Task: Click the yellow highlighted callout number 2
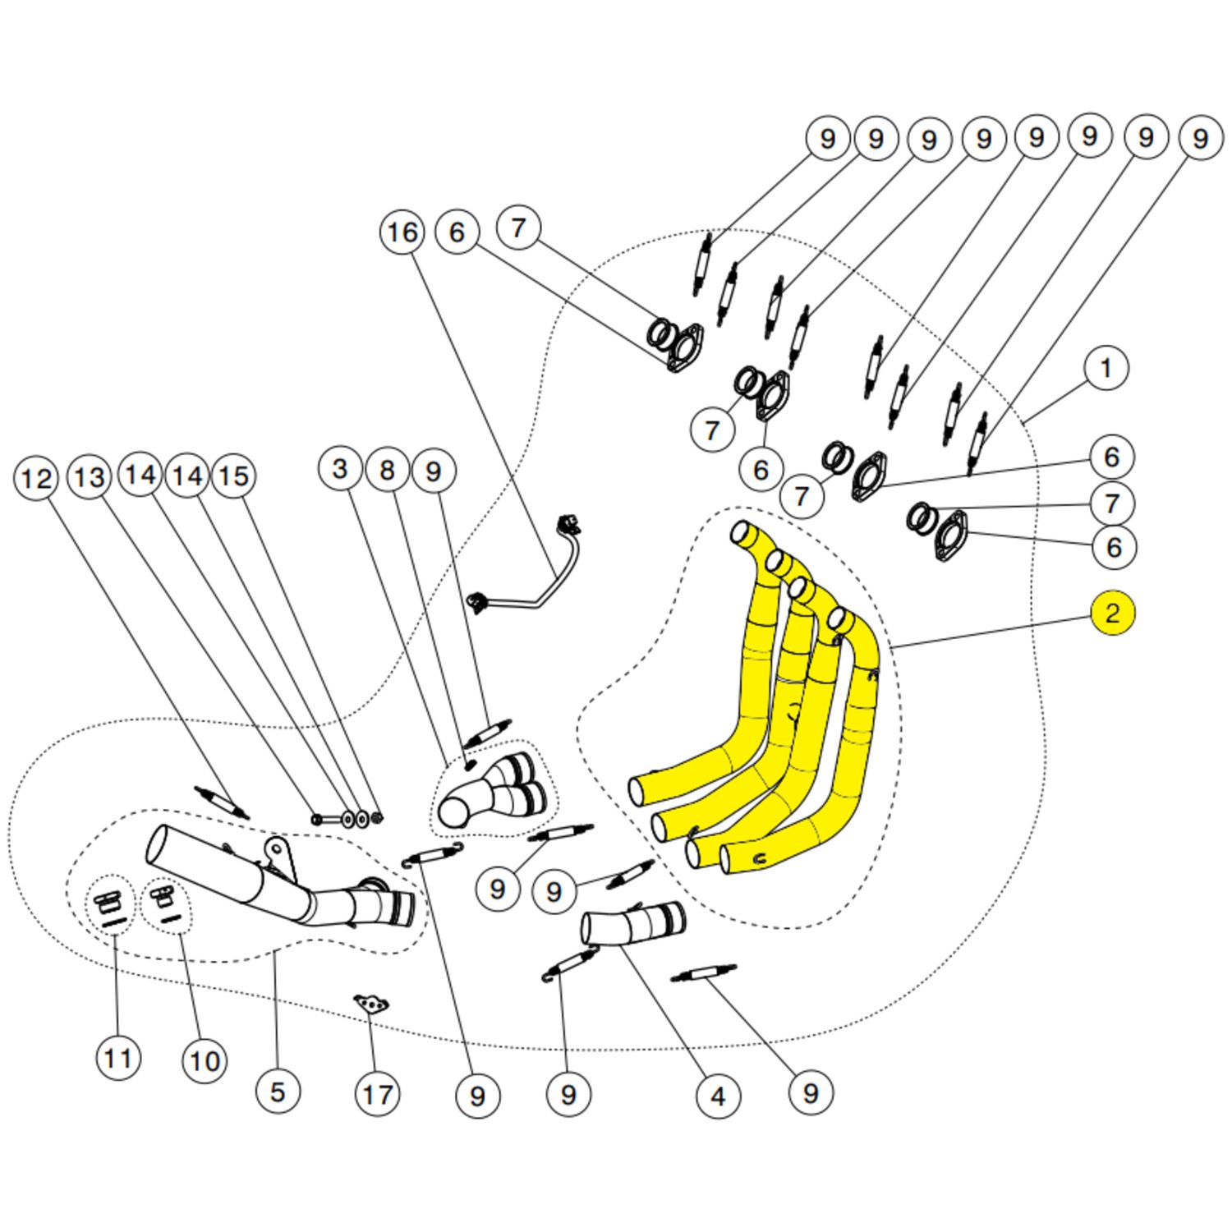[1112, 614]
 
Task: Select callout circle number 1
[1106, 368]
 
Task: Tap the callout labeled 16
[402, 232]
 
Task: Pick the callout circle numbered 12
[37, 479]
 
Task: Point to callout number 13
[90, 477]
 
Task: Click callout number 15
[234, 476]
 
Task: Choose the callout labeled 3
[340, 469]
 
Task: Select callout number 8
[387, 470]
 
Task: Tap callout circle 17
[377, 1094]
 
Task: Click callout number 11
[118, 1058]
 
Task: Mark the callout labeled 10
[205, 1060]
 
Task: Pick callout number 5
[278, 1092]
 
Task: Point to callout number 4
[718, 1096]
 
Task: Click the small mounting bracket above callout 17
[372, 1004]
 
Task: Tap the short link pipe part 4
[631, 923]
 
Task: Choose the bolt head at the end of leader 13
[316, 819]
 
